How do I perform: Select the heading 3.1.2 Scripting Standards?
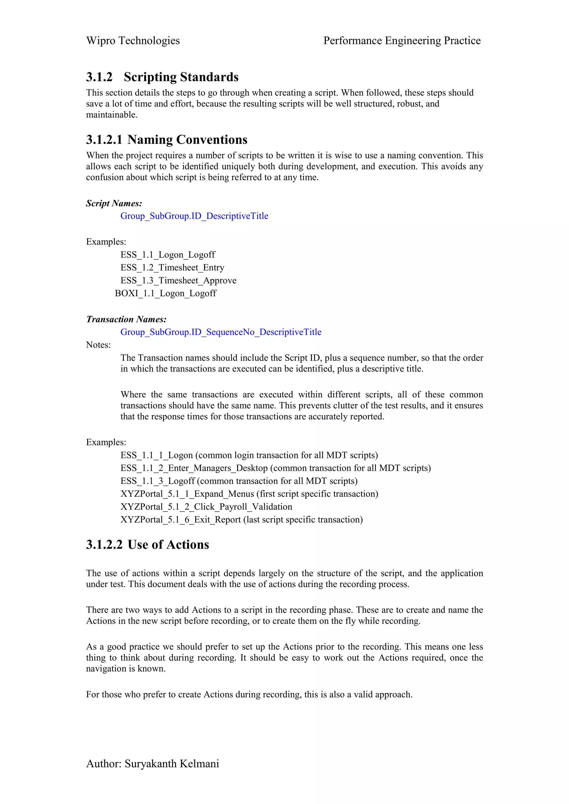pyautogui.click(x=162, y=77)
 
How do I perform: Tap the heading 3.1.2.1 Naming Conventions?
pyautogui.click(x=166, y=140)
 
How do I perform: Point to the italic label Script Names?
pyautogui.click(x=114, y=203)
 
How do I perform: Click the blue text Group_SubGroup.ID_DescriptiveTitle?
pyautogui.click(x=194, y=216)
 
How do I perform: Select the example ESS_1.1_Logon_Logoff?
pyautogui.click(x=168, y=255)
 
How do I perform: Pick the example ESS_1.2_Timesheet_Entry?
pyautogui.click(x=172, y=267)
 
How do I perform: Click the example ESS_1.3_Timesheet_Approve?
pyautogui.click(x=178, y=280)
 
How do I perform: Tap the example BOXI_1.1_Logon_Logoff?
pyautogui.click(x=166, y=294)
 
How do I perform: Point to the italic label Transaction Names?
pyautogui.click(x=126, y=319)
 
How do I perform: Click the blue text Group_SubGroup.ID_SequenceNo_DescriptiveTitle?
pyautogui.click(x=221, y=332)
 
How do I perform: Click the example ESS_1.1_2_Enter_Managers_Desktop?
pyautogui.click(x=194, y=468)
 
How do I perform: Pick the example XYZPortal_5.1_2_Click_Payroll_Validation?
pyautogui.click(x=206, y=507)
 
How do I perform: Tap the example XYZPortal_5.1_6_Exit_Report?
pyautogui.click(x=181, y=520)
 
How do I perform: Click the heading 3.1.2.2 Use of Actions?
pyautogui.click(x=148, y=545)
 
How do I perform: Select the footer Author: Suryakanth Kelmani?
pyautogui.click(x=153, y=764)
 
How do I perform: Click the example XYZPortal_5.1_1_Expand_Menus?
pyautogui.click(x=187, y=494)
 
